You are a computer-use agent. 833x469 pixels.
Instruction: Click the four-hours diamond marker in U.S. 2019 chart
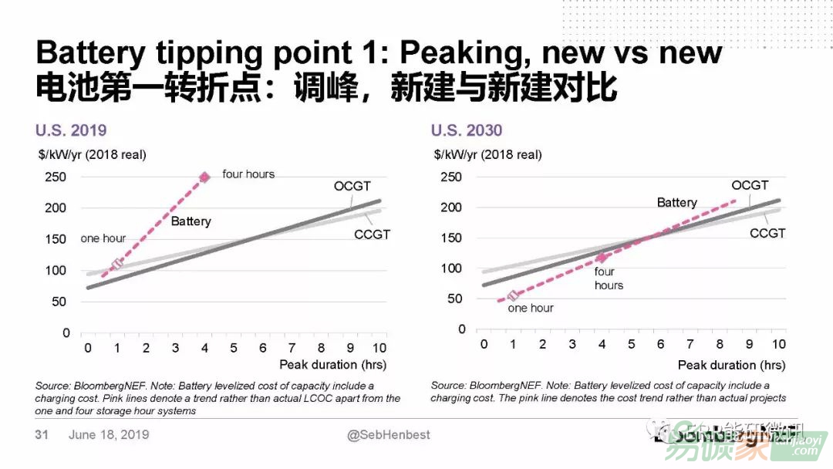(204, 177)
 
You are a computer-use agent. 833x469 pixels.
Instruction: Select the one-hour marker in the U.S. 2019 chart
(117, 265)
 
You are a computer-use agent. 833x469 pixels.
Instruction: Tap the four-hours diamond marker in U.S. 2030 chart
(602, 258)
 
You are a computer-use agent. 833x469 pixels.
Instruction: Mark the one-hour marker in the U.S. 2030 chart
(514, 296)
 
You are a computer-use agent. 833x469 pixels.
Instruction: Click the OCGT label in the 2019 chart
(352, 186)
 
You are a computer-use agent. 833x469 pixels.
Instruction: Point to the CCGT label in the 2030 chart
(767, 233)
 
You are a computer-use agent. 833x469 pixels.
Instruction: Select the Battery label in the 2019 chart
(191, 221)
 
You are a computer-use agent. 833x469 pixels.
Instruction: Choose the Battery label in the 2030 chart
(676, 202)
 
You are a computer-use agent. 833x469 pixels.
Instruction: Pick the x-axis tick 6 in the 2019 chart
(263, 348)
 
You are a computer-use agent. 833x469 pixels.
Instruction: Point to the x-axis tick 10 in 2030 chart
(778, 344)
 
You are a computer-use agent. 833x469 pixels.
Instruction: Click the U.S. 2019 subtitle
(71, 130)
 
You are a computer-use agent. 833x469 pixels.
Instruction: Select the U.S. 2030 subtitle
(467, 130)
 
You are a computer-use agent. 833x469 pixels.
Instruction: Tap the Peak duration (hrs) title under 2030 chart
(731, 365)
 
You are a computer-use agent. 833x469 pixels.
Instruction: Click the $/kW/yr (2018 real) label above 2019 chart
(91, 154)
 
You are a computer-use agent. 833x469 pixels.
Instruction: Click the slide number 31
(42, 435)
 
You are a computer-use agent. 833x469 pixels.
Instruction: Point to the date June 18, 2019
(109, 435)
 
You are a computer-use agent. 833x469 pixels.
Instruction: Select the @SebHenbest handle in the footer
(389, 435)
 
